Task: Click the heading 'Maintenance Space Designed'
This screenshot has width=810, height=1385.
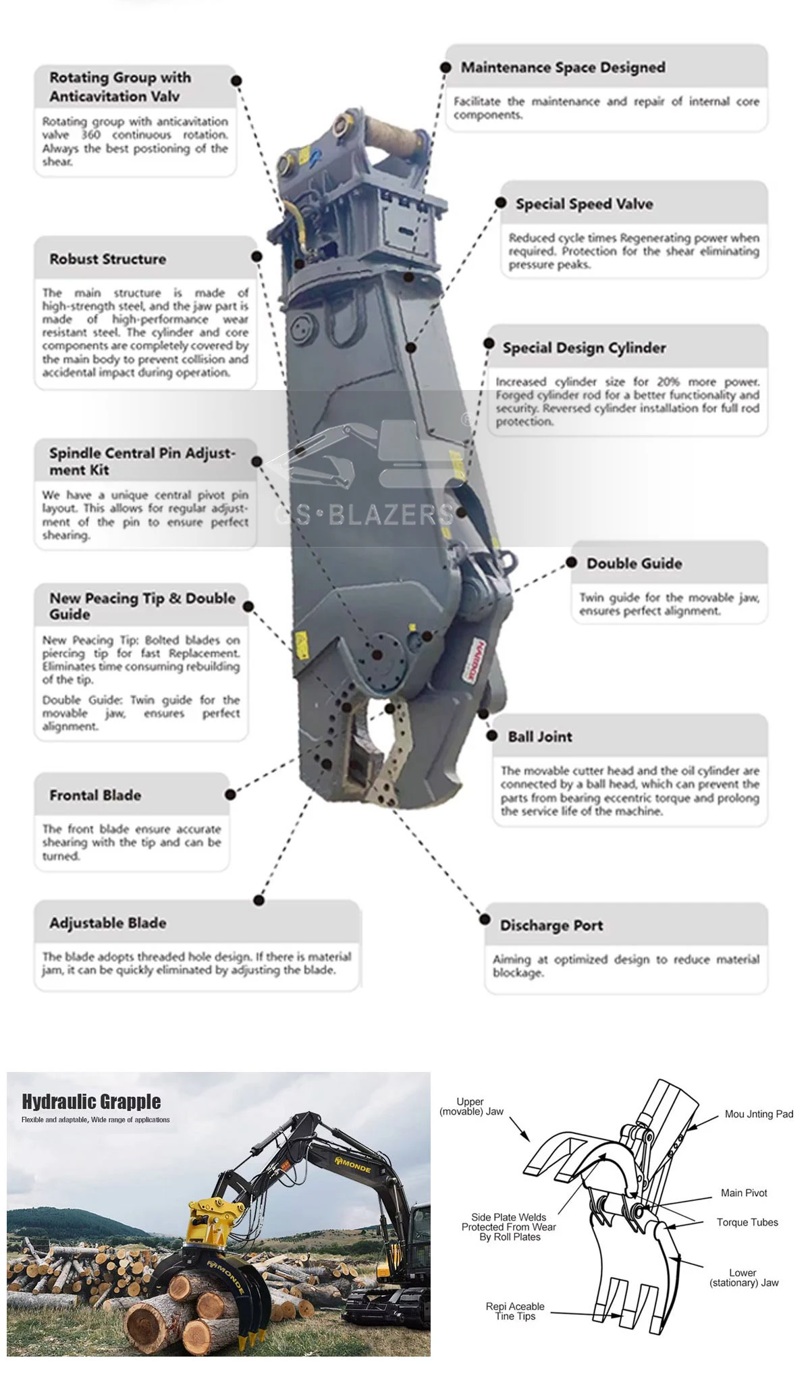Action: coord(563,67)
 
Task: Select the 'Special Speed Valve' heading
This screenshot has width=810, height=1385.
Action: coord(584,204)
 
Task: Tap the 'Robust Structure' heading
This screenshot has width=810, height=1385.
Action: coord(107,259)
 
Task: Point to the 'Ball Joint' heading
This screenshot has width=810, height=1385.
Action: coord(540,737)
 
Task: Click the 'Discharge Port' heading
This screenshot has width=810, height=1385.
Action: coord(551,926)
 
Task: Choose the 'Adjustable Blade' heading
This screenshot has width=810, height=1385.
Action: coord(107,923)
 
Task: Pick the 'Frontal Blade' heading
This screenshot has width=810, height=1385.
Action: coord(95,795)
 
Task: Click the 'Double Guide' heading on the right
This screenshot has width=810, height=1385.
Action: coord(634,563)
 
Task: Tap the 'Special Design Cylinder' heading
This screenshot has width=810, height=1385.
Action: coord(584,348)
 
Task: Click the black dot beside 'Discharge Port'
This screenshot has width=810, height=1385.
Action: coord(485,920)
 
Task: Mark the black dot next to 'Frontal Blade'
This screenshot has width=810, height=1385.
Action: coord(230,795)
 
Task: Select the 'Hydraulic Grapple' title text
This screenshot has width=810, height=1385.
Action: coord(91,1102)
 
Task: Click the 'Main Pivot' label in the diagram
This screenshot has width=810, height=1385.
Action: coord(744,1193)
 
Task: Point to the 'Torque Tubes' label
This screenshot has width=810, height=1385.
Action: coord(747,1222)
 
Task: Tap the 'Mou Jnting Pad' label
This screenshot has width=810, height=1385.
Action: coord(759,1114)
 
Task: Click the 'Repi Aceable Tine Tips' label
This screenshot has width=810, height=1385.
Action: coord(515,1311)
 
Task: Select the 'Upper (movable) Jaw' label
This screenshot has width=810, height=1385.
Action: coord(471,1106)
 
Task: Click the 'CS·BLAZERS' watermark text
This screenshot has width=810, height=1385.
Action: coord(364,515)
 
